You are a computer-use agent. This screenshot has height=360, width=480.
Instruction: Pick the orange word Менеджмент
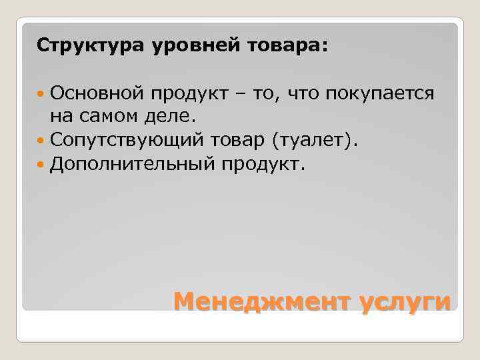261,301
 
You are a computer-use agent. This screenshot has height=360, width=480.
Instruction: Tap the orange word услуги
405,303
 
